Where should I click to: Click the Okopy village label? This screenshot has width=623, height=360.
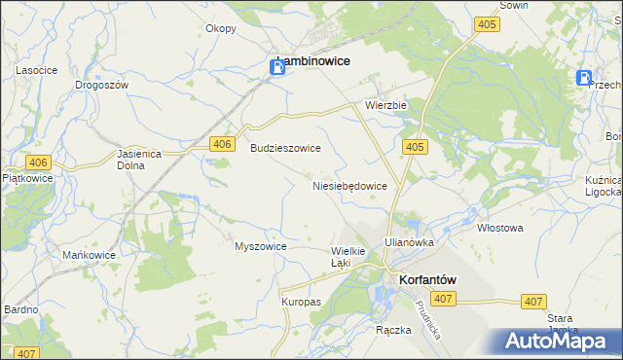(x=221, y=28)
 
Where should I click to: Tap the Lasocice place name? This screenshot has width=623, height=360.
(x=34, y=71)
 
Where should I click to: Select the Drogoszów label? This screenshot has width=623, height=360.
(x=102, y=85)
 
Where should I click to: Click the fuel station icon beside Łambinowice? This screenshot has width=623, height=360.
(x=276, y=66)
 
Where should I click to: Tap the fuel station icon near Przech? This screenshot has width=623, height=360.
(x=584, y=79)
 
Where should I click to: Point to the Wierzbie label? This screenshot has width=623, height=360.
(x=385, y=104)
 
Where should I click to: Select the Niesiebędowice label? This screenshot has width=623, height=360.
(x=350, y=185)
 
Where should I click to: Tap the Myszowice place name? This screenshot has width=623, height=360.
(x=260, y=246)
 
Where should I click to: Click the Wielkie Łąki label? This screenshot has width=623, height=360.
(x=348, y=257)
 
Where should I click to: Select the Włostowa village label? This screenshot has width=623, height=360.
(x=500, y=229)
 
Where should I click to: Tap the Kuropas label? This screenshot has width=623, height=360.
(x=302, y=303)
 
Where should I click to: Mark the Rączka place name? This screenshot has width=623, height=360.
(x=393, y=330)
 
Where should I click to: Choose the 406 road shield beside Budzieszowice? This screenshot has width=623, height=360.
(x=222, y=145)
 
